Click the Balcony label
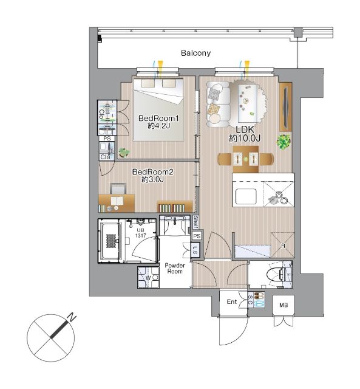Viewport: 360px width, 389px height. click(195, 53)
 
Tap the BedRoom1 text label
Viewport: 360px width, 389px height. click(158, 118)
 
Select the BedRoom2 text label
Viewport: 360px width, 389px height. click(152, 171)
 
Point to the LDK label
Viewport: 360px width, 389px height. click(245, 129)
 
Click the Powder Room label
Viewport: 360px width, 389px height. click(175, 268)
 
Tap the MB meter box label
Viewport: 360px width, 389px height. click(284, 305)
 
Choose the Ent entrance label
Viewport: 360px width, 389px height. click(232, 301)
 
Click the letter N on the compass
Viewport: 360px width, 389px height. click(72, 317)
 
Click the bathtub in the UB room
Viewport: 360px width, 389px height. click(110, 241)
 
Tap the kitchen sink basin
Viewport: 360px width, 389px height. click(246, 196)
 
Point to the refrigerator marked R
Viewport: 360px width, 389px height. click(282, 245)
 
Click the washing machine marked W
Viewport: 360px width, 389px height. click(148, 277)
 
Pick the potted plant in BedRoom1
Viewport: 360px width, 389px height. click(124, 152)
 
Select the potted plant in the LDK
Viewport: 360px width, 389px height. click(284, 142)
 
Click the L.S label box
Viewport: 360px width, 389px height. click(195, 251)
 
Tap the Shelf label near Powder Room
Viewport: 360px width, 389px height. click(195, 222)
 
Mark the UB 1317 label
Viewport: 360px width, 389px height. click(140, 233)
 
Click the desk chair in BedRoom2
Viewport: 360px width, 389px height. click(118, 188)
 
